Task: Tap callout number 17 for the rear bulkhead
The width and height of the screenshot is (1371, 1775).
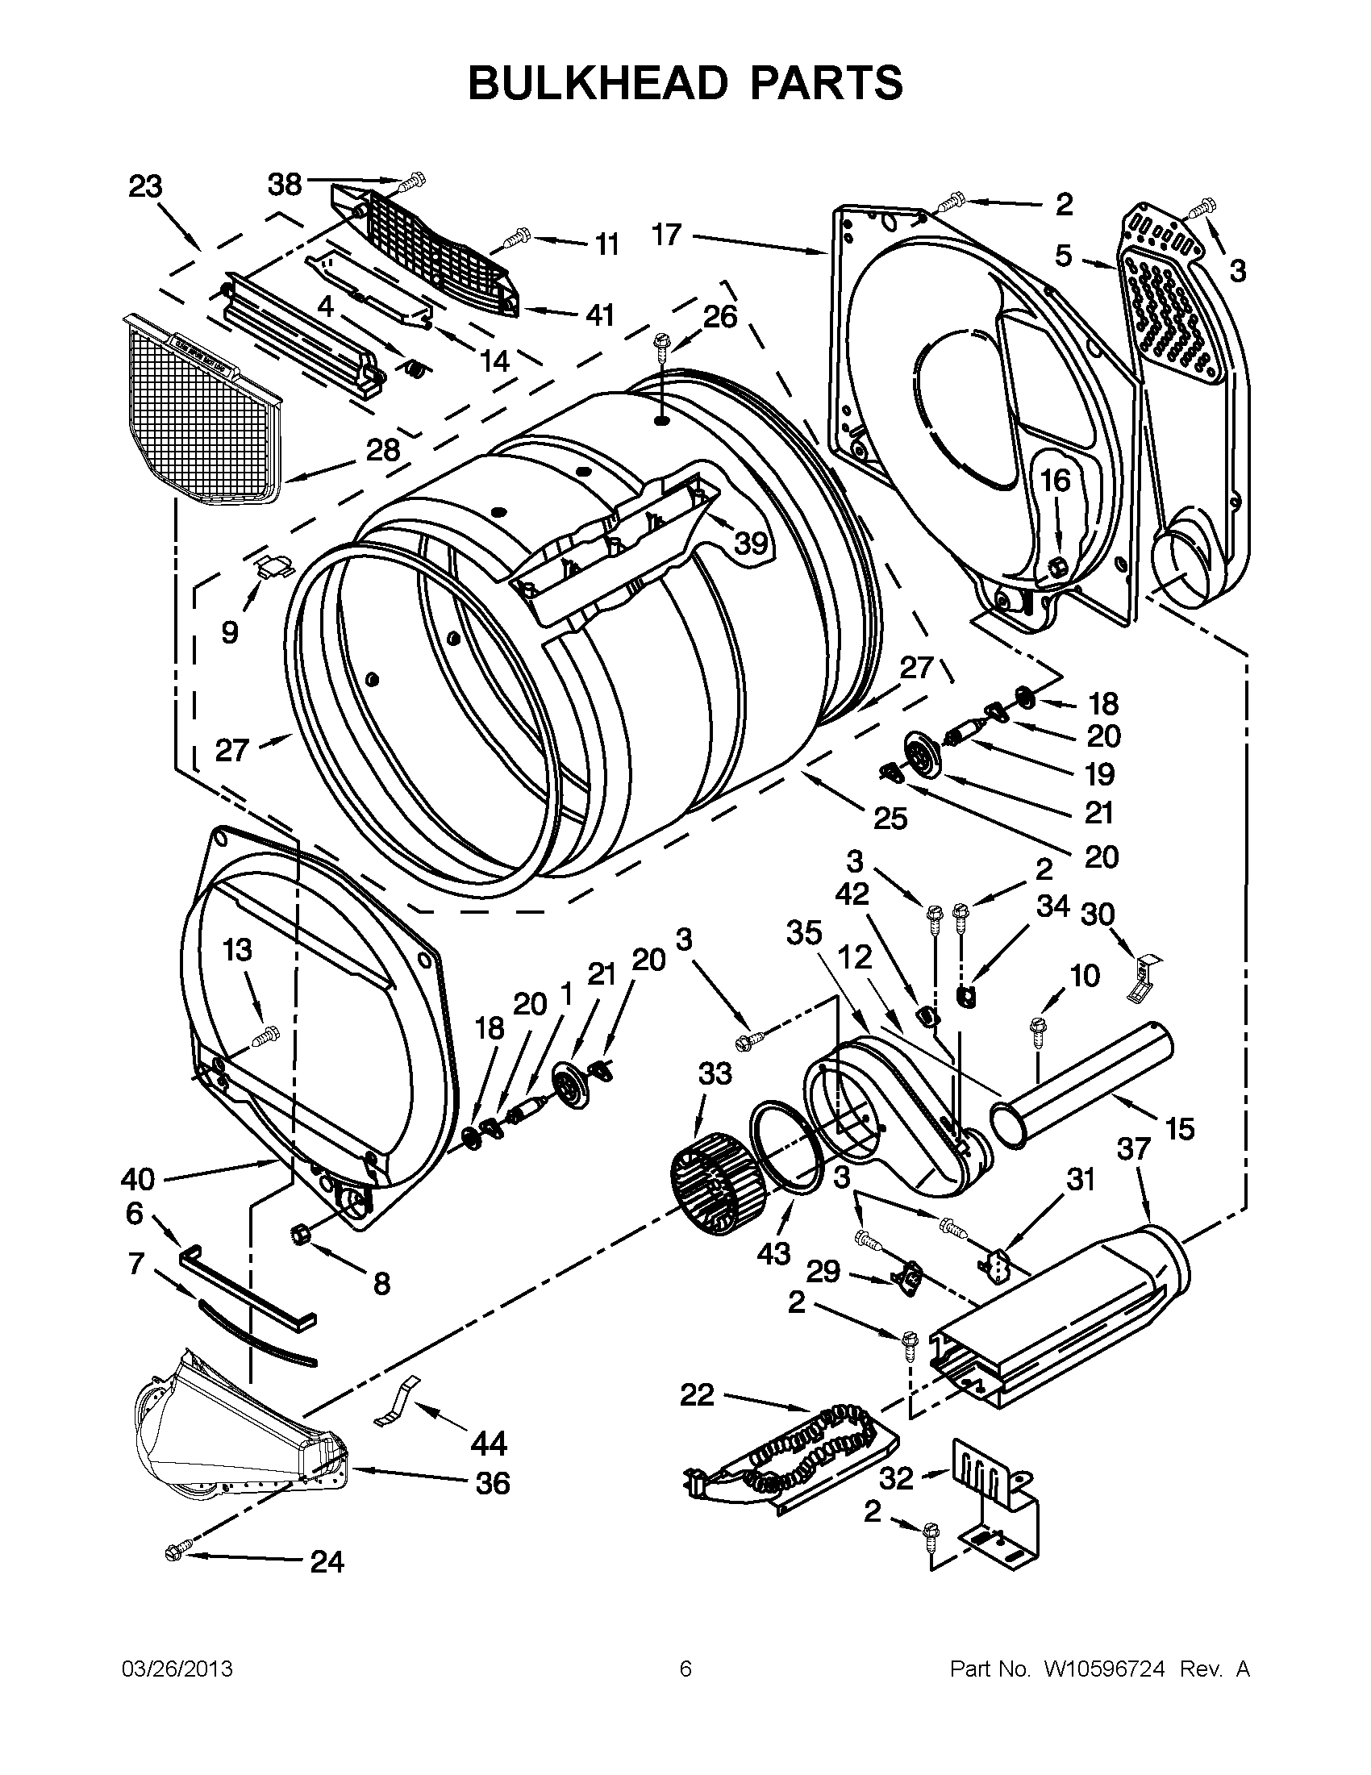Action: pyautogui.click(x=666, y=235)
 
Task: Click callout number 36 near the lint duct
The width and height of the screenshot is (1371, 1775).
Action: pyautogui.click(x=493, y=1483)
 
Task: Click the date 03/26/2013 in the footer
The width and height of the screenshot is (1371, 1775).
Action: pyautogui.click(x=177, y=1669)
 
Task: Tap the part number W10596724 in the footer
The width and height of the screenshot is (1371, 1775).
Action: pyautogui.click(x=1098, y=1669)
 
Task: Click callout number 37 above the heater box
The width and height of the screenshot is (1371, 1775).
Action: pyautogui.click(x=1134, y=1149)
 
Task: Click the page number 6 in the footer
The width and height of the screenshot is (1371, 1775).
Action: pyautogui.click(x=685, y=1669)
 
